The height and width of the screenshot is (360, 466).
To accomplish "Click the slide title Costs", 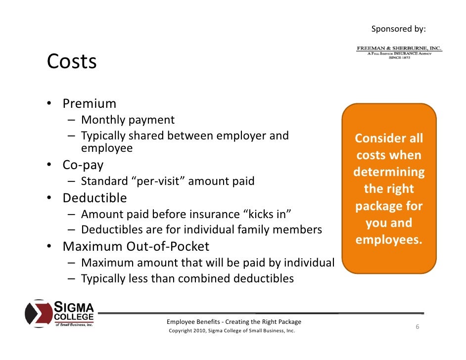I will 72,62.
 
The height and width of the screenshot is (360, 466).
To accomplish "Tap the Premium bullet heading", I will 89,104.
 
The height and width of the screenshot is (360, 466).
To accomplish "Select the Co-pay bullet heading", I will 83,164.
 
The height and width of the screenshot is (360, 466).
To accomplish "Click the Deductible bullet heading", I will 94,198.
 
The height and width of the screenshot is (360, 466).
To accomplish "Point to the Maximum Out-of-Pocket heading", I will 136,246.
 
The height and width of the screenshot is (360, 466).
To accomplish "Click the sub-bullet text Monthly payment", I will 128,120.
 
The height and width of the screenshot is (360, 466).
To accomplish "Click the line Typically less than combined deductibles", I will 187,278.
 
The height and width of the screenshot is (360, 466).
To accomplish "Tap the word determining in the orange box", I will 389,172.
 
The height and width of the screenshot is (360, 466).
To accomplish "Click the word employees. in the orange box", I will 389,240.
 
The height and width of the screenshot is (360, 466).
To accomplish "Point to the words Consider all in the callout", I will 389,138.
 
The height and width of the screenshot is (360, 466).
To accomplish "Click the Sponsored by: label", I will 398,29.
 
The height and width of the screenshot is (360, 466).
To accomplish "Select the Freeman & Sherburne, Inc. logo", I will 399,52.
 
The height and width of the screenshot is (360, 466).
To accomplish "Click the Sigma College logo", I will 59,314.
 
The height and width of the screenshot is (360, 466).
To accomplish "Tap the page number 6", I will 418,327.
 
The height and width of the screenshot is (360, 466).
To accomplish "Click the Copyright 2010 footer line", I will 232,331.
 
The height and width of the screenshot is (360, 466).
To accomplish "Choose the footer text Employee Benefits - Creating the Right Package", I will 234,322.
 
